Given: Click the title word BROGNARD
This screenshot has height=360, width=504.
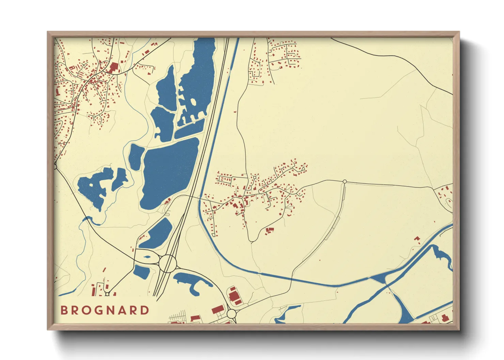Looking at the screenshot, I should tap(105, 310).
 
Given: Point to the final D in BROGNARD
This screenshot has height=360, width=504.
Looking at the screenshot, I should tap(145, 310).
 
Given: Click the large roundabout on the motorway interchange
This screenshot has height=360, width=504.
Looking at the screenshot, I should tap(168, 263).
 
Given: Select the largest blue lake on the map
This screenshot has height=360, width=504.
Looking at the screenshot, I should tap(169, 174).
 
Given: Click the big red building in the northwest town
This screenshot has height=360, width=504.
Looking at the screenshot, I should tap(113, 67).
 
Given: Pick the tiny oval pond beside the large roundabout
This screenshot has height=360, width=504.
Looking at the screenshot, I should tap(147, 257).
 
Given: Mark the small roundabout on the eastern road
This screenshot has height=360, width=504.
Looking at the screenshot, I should tap(345, 182).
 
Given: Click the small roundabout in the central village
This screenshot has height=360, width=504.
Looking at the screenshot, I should tap(254, 178).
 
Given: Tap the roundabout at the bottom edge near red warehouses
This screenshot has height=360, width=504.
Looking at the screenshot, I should tap(232, 313).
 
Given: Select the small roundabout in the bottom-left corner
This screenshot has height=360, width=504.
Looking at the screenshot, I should tap(107, 294).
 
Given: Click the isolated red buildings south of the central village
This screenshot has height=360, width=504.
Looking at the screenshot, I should tap(269, 231).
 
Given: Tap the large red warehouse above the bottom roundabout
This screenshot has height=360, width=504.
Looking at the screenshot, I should tap(234, 295).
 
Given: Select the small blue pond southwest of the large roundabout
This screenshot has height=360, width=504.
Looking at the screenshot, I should tap(141, 272).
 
